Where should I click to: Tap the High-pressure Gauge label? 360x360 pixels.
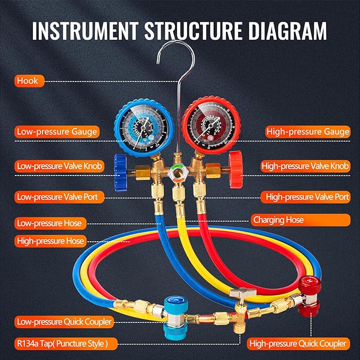[x=308, y=131]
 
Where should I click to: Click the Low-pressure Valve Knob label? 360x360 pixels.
[x=59, y=165]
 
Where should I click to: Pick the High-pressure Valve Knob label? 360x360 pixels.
[x=305, y=165]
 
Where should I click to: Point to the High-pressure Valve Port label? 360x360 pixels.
[x=308, y=197]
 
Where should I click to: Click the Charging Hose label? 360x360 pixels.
[x=278, y=219]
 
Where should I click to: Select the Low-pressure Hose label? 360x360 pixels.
[x=49, y=223]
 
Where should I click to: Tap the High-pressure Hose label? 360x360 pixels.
[x=50, y=241]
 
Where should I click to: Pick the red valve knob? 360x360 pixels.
[x=235, y=166]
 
